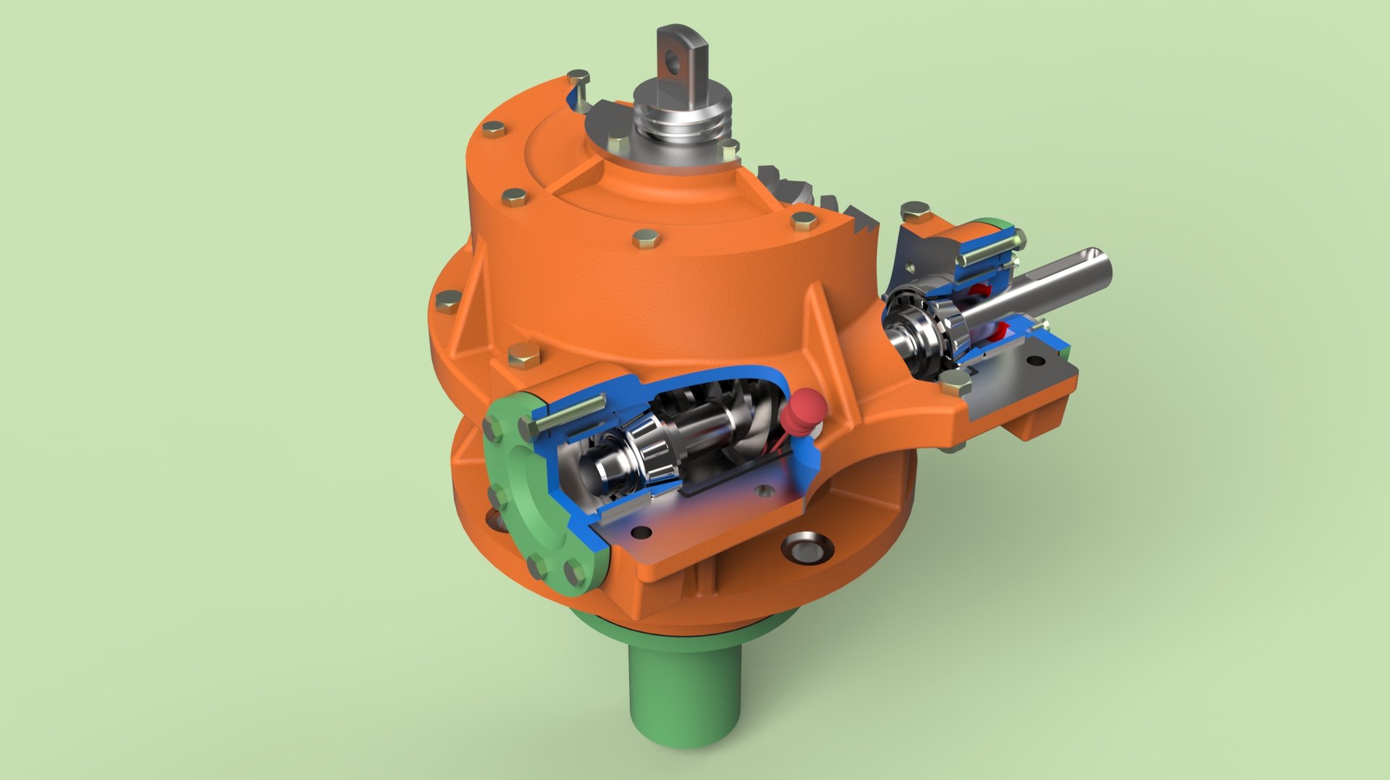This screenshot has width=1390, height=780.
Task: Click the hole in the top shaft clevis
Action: click(x=675, y=60)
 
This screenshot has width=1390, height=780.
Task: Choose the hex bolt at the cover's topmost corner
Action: click(x=578, y=77)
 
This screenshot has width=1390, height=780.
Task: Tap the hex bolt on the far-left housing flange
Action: click(x=447, y=300)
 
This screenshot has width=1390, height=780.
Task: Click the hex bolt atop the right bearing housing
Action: click(x=917, y=211)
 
